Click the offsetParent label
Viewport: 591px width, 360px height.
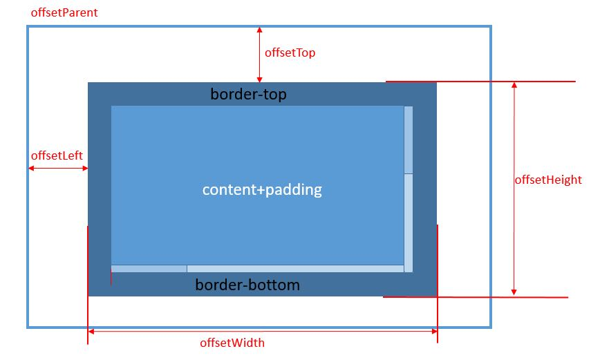(x=64, y=12)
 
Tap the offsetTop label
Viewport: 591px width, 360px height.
(x=290, y=53)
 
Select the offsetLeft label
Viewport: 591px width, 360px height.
(x=57, y=155)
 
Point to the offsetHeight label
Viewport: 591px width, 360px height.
(x=548, y=180)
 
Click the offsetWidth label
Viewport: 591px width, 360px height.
(x=232, y=343)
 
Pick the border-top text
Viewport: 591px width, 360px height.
(x=248, y=94)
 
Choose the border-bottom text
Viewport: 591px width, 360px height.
(x=247, y=285)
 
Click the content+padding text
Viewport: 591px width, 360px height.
(x=262, y=189)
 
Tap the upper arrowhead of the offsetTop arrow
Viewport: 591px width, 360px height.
(x=259, y=30)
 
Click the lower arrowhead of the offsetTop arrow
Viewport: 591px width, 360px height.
(x=259, y=79)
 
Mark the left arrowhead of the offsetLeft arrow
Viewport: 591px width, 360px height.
(x=31, y=168)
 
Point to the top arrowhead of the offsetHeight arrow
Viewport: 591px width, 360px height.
(x=514, y=85)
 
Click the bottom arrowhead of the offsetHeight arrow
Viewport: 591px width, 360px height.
(x=514, y=292)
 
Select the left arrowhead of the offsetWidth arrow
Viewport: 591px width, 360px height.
(x=91, y=332)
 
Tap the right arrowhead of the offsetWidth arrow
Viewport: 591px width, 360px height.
(x=435, y=332)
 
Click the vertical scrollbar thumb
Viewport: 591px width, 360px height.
(x=409, y=140)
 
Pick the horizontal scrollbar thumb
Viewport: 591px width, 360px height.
(x=149, y=269)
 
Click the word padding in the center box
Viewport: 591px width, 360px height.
(x=294, y=190)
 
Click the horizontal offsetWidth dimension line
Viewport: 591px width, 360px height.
(x=263, y=332)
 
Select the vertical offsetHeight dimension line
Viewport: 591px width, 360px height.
(x=514, y=189)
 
